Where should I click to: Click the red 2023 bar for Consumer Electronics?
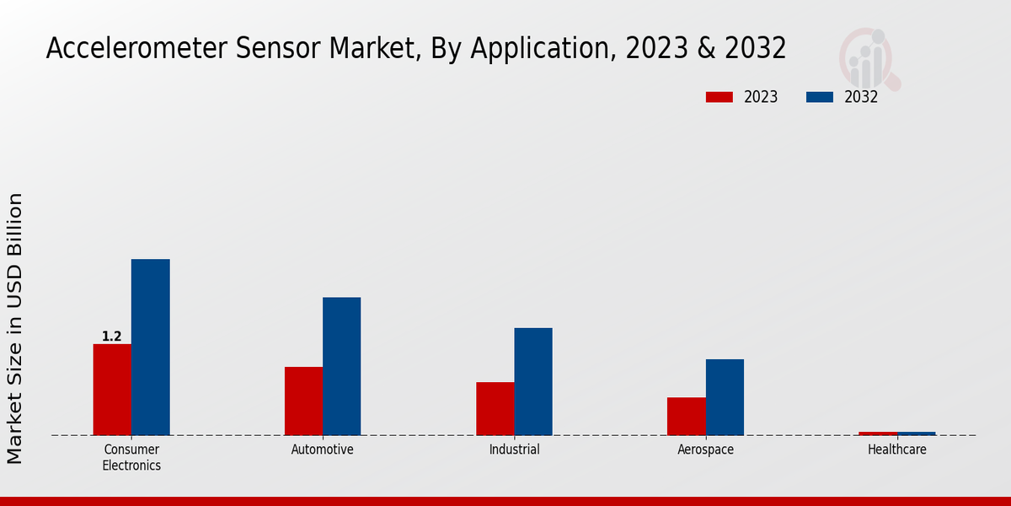[x=112, y=390]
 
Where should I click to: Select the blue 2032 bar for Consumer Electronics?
[x=150, y=347]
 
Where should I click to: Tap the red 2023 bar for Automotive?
[x=303, y=401]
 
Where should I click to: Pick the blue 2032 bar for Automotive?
[x=341, y=366]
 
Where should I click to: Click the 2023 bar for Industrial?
[x=495, y=408]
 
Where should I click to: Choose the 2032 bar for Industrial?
[x=533, y=381]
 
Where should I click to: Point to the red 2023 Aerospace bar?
[x=686, y=416]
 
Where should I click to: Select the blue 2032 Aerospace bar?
[x=725, y=397]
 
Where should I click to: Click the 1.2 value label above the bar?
[x=111, y=336]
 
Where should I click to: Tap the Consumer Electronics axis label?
[x=131, y=457]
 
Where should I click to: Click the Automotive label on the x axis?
[x=323, y=449]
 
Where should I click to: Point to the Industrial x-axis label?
[x=514, y=449]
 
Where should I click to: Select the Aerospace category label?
[x=705, y=449]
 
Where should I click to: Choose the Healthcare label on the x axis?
[x=896, y=449]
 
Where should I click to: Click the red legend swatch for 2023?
[x=719, y=97]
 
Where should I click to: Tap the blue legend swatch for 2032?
[x=820, y=97]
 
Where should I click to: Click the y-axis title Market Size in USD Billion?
[x=15, y=329]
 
